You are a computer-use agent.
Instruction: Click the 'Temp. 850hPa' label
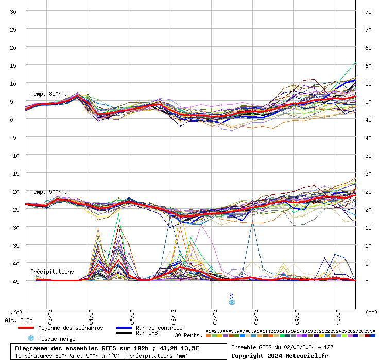pos(49,94)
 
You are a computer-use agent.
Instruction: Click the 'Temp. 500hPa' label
pos(49,192)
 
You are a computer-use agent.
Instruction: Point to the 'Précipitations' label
pos(52,272)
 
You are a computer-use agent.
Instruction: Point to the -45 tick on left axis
pos(13,281)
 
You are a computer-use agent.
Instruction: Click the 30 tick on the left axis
pos(13,12)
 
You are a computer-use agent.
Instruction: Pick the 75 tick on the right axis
pos(368,12)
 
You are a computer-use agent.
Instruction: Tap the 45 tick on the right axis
pos(368,119)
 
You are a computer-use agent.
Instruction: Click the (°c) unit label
pos(16,312)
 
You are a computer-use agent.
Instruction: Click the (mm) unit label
pos(371,312)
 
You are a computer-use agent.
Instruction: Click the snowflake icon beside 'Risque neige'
pos(31,338)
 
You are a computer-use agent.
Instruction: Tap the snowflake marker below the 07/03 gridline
pos(232,303)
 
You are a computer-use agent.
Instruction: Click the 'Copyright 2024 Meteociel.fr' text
pos(280,355)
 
